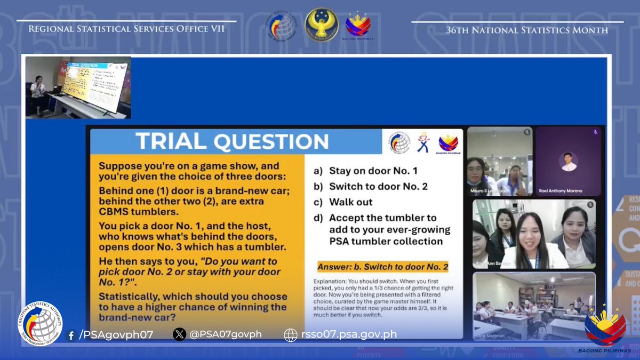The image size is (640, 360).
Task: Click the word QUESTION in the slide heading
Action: coord(271,141)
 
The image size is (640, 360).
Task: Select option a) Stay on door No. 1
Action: coord(373,171)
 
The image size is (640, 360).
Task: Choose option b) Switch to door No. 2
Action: coord(378,187)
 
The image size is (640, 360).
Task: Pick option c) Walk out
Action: coord(350,202)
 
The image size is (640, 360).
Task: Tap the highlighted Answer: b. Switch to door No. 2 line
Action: coord(382,267)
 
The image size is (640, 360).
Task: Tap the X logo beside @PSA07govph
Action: coord(179,334)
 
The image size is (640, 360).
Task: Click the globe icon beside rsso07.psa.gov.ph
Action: coord(291,335)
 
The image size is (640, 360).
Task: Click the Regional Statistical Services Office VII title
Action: coord(126,29)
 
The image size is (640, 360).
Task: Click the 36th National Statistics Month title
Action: coord(526,30)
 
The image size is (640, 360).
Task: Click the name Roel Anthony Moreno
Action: coord(567,190)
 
